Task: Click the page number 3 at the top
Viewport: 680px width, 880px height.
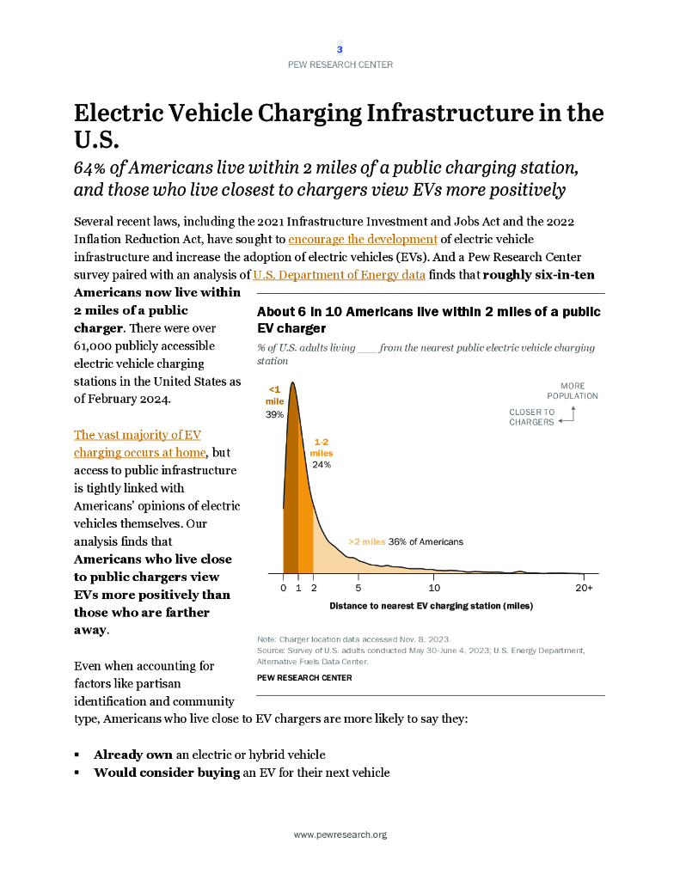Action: [340, 49]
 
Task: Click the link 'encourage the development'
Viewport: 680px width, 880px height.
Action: [363, 238]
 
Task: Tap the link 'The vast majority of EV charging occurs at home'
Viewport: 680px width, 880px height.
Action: [139, 443]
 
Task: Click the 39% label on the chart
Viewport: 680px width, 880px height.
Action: [274, 414]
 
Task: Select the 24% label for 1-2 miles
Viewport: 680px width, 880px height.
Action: [322, 464]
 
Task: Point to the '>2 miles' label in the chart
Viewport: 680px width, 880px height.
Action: [366, 542]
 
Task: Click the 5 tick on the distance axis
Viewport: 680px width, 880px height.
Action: [358, 588]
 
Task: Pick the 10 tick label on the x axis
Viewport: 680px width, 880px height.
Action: [434, 588]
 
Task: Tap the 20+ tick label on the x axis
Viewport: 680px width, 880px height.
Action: [585, 588]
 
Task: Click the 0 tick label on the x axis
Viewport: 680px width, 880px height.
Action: [283, 588]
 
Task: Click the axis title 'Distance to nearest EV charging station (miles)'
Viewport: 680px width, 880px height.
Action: [431, 606]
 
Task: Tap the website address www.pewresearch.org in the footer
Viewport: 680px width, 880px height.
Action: [340, 834]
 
